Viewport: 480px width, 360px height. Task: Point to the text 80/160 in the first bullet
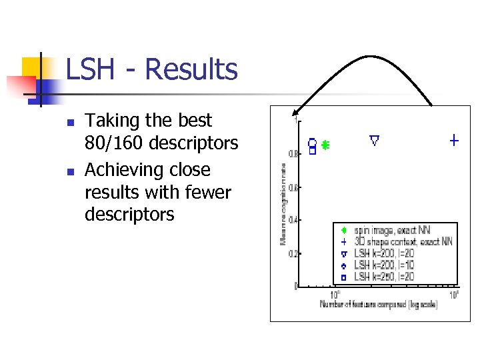(x=113, y=143)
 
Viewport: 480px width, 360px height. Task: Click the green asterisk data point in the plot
(x=325, y=144)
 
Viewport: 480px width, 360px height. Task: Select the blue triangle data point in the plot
(x=374, y=140)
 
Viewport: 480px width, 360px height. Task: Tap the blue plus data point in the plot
(x=454, y=140)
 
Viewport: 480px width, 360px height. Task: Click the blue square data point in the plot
(x=311, y=151)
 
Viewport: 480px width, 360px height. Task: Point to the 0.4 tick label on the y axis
(x=293, y=220)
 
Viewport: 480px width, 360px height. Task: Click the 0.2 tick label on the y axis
(x=293, y=253)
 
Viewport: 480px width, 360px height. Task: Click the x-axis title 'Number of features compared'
(x=379, y=305)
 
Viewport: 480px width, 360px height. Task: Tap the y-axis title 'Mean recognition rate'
(x=282, y=204)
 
